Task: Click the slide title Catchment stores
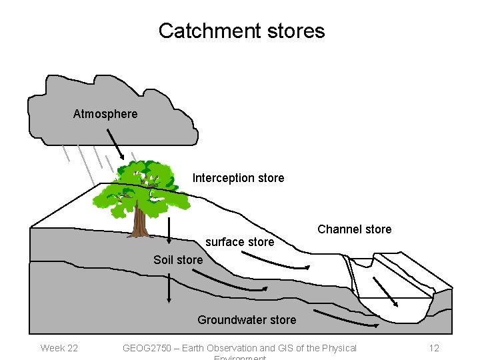[x=241, y=31]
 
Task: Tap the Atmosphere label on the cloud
[x=105, y=114]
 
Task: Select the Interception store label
[x=238, y=178]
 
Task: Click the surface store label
[x=239, y=242]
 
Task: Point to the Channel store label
[x=354, y=229]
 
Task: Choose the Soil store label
[x=178, y=260]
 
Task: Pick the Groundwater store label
[x=247, y=320]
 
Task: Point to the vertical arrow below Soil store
[x=169, y=289]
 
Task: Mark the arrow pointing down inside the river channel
[x=385, y=291]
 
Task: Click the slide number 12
[x=434, y=348]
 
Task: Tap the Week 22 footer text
[x=59, y=348]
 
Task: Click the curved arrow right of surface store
[x=284, y=261]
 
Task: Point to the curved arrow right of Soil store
[x=241, y=284]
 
